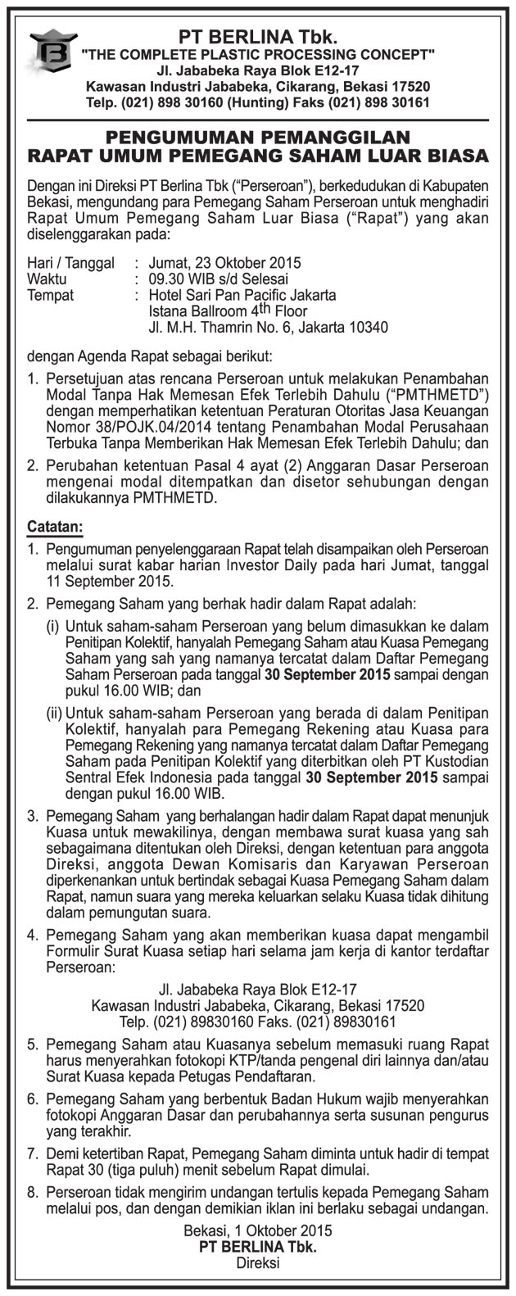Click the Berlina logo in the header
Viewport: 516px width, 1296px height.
tap(52, 57)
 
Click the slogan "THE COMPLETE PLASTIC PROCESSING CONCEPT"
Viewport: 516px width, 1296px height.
tap(258, 54)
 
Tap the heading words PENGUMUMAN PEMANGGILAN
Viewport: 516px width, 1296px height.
tap(258, 137)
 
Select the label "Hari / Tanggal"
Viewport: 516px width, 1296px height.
tap(68, 264)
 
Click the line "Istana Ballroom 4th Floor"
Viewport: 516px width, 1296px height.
tap(228, 311)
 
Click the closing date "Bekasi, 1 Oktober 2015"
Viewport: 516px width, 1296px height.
tap(258, 1231)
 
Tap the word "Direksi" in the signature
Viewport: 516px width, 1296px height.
tap(258, 1263)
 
